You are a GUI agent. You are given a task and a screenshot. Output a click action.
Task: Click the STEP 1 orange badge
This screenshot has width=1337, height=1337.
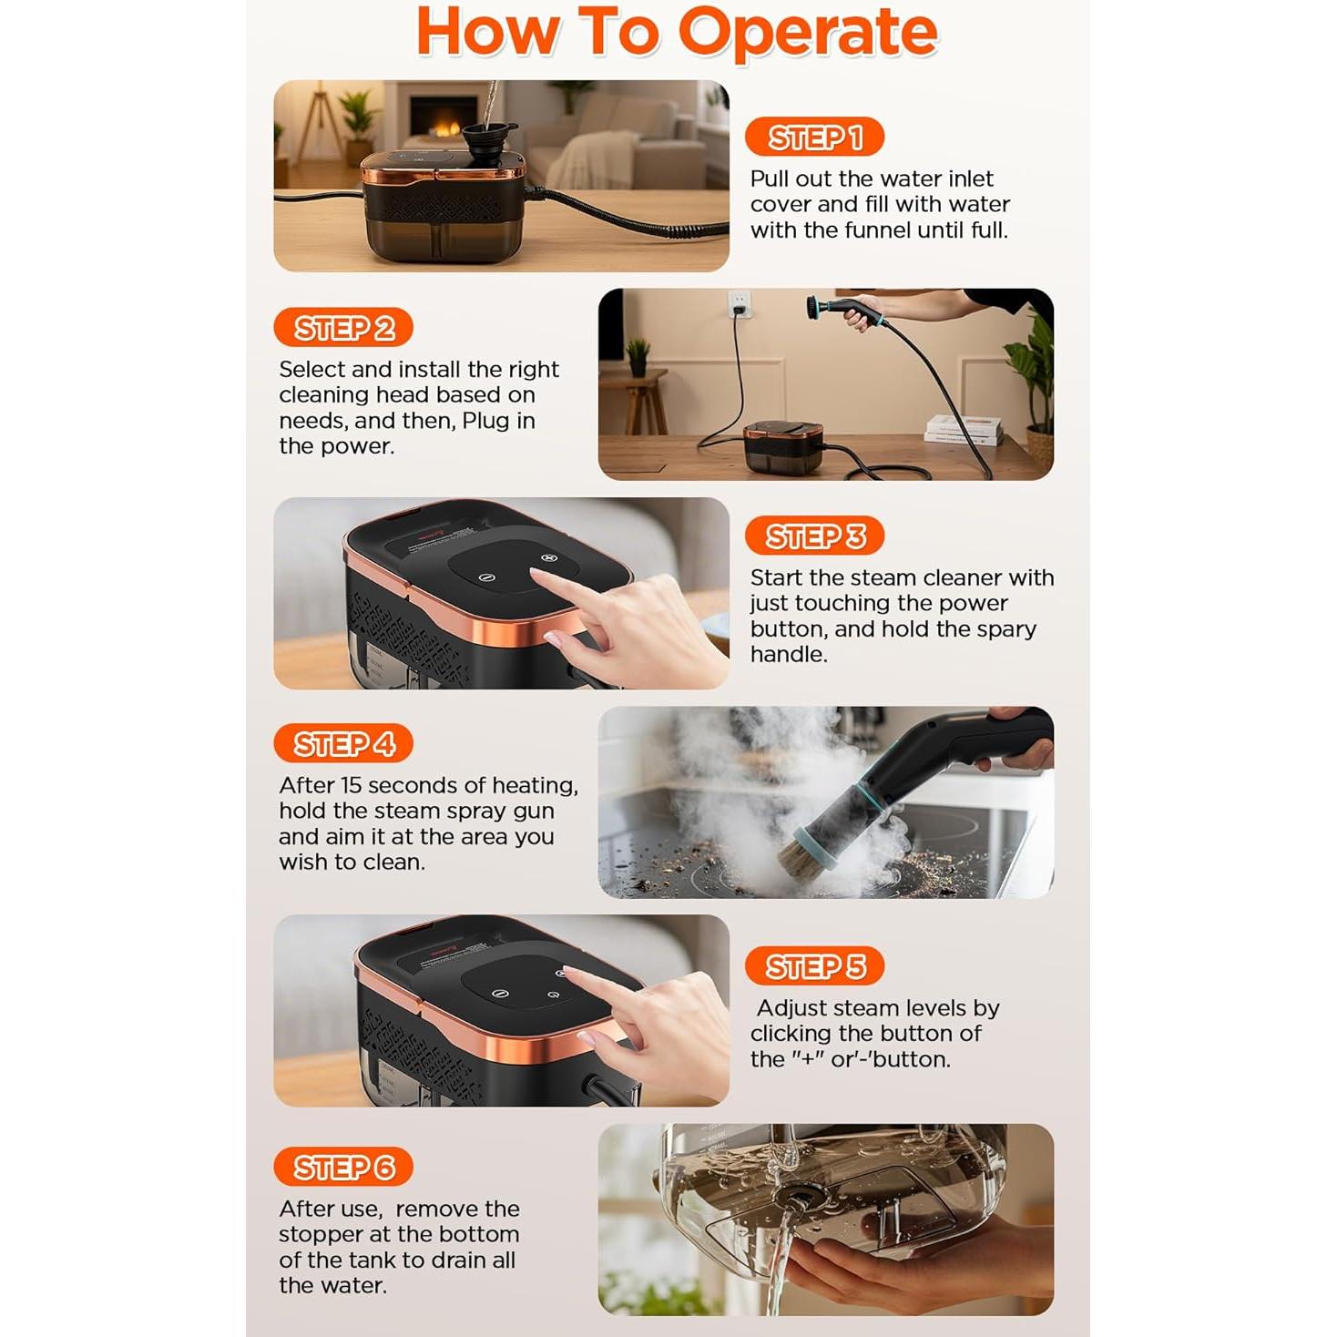[814, 137]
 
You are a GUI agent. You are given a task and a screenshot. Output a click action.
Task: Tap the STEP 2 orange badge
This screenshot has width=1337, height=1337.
[343, 328]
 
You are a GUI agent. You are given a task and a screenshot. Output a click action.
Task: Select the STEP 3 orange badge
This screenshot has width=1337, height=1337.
[814, 536]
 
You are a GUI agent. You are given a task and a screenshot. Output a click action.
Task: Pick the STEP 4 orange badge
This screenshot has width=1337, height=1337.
[343, 744]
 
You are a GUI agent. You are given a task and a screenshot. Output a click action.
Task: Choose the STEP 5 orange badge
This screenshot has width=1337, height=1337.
[814, 965]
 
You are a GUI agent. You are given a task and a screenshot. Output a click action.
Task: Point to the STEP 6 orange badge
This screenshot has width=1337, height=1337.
[343, 1167]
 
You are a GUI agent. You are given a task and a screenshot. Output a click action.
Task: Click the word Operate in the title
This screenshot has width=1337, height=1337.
[808, 34]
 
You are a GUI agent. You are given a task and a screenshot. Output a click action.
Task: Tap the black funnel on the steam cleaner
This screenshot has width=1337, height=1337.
[489, 141]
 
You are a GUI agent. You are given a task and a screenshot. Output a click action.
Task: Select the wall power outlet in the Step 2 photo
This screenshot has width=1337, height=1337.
[740, 303]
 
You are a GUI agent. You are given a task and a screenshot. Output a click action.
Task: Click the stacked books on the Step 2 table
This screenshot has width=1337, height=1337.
[964, 430]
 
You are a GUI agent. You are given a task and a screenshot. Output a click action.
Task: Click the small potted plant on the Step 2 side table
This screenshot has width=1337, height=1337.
[638, 357]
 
